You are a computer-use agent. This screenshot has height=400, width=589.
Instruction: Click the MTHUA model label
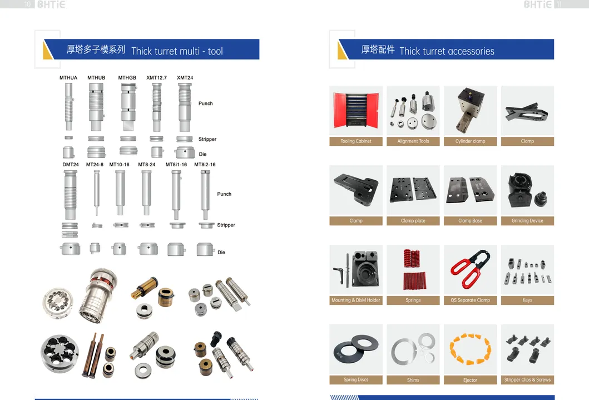[68, 78]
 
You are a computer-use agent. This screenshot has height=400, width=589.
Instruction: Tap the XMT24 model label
[185, 78]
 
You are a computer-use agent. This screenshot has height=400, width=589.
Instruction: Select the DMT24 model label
[71, 165]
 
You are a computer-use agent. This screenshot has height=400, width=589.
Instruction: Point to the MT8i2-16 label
[205, 165]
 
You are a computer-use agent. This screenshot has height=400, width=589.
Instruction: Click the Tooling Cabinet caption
[356, 141]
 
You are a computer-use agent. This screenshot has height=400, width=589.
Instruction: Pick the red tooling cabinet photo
[356, 111]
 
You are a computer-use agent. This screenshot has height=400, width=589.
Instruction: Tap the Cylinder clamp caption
[470, 141]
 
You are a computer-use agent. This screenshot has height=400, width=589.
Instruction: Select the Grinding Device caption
[527, 221]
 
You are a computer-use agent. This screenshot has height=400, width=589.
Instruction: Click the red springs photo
[413, 270]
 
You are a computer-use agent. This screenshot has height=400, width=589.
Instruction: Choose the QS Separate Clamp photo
[470, 270]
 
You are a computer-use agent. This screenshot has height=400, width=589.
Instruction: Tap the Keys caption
[527, 300]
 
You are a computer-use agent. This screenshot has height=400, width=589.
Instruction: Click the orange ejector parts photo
[470, 349]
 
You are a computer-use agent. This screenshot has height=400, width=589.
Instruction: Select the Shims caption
[413, 380]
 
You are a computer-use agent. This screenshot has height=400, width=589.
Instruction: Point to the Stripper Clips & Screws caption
[527, 380]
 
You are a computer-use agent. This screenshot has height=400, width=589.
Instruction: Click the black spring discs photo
[356, 349]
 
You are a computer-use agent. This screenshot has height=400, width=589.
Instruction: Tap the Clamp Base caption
[470, 221]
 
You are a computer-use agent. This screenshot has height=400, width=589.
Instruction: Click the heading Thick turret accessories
[447, 51]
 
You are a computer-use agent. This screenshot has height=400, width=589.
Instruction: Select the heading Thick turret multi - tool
[177, 51]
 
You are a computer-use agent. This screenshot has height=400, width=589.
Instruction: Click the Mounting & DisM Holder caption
[356, 300]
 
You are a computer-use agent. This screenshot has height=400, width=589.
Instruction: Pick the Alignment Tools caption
[413, 141]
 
